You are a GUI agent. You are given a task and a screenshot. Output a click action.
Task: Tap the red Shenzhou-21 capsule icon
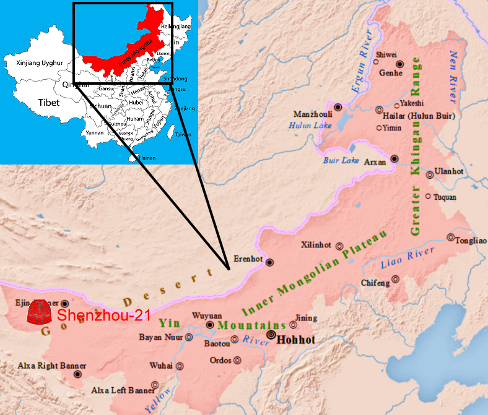point(39,312)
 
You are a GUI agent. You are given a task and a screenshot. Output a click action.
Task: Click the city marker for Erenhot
point(269,262)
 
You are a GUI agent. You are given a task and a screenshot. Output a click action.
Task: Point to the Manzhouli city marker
point(338,107)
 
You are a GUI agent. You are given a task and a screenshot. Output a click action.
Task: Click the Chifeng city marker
point(395,279)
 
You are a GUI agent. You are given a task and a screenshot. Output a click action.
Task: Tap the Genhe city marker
point(400,64)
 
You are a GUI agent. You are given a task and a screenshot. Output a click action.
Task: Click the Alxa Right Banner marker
point(77,374)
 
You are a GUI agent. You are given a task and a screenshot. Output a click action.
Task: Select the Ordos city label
point(220,361)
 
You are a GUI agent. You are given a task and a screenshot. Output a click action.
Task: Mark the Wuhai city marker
point(180,366)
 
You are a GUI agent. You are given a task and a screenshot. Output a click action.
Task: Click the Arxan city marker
point(394,159)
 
